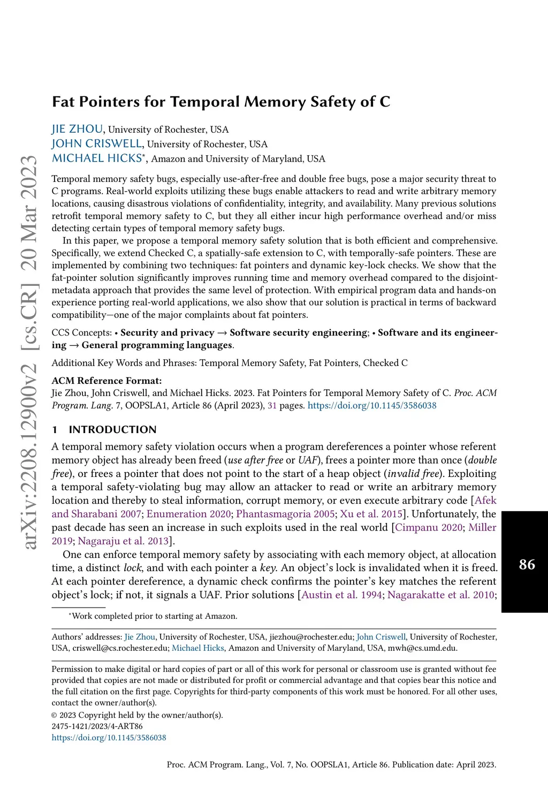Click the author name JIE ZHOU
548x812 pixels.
click(77, 130)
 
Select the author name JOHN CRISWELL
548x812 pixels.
click(97, 144)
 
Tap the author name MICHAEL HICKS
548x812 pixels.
click(97, 158)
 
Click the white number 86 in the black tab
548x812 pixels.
click(527, 564)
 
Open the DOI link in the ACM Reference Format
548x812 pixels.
click(372, 405)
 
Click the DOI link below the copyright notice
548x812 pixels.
click(109, 738)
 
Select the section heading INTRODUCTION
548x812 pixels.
click(112, 429)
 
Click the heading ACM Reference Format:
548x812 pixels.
click(106, 381)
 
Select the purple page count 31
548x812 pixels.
click(272, 405)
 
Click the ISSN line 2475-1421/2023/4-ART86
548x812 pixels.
click(97, 726)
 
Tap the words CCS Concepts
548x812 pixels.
click(81, 333)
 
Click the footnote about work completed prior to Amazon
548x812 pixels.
click(154, 616)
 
